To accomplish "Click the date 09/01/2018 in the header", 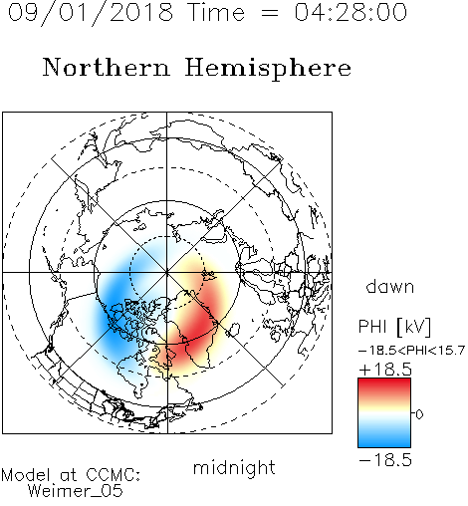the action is [91, 13].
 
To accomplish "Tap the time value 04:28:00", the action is [351, 12].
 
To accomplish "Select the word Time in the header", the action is [216, 12].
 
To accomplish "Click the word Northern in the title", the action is [106, 68].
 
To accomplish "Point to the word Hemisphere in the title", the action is [268, 69].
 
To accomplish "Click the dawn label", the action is [390, 286].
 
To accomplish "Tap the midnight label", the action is [234, 467].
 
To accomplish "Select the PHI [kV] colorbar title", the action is [394, 327].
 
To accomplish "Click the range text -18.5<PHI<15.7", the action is [411, 351].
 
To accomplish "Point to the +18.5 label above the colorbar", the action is [385, 370].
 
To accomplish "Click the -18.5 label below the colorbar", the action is [385, 460].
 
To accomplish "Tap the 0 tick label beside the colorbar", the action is [419, 414].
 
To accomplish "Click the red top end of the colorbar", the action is [384, 381].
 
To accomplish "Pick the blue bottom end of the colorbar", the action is [384, 443].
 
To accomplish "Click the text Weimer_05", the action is [76, 491].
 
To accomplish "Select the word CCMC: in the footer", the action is [114, 475].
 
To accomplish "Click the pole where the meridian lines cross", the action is [166, 273].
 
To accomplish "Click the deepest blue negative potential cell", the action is [113, 311].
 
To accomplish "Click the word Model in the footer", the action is [26, 475].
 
